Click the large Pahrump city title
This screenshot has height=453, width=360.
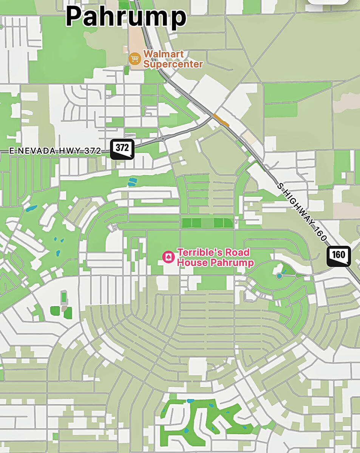coord(126,17)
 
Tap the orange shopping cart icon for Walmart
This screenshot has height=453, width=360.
coord(134,59)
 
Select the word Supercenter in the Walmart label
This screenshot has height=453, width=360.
coord(173,64)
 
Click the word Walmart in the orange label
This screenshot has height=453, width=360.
coord(163,54)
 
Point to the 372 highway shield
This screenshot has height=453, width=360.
coord(122,149)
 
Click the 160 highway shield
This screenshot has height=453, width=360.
coord(338,256)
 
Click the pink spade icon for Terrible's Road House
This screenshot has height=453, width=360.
coord(167,257)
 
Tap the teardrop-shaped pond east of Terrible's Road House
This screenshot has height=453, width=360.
coord(279,276)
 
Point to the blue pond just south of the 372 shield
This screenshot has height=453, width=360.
coord(131,182)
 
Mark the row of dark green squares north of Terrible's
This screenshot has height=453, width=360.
coord(207,223)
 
